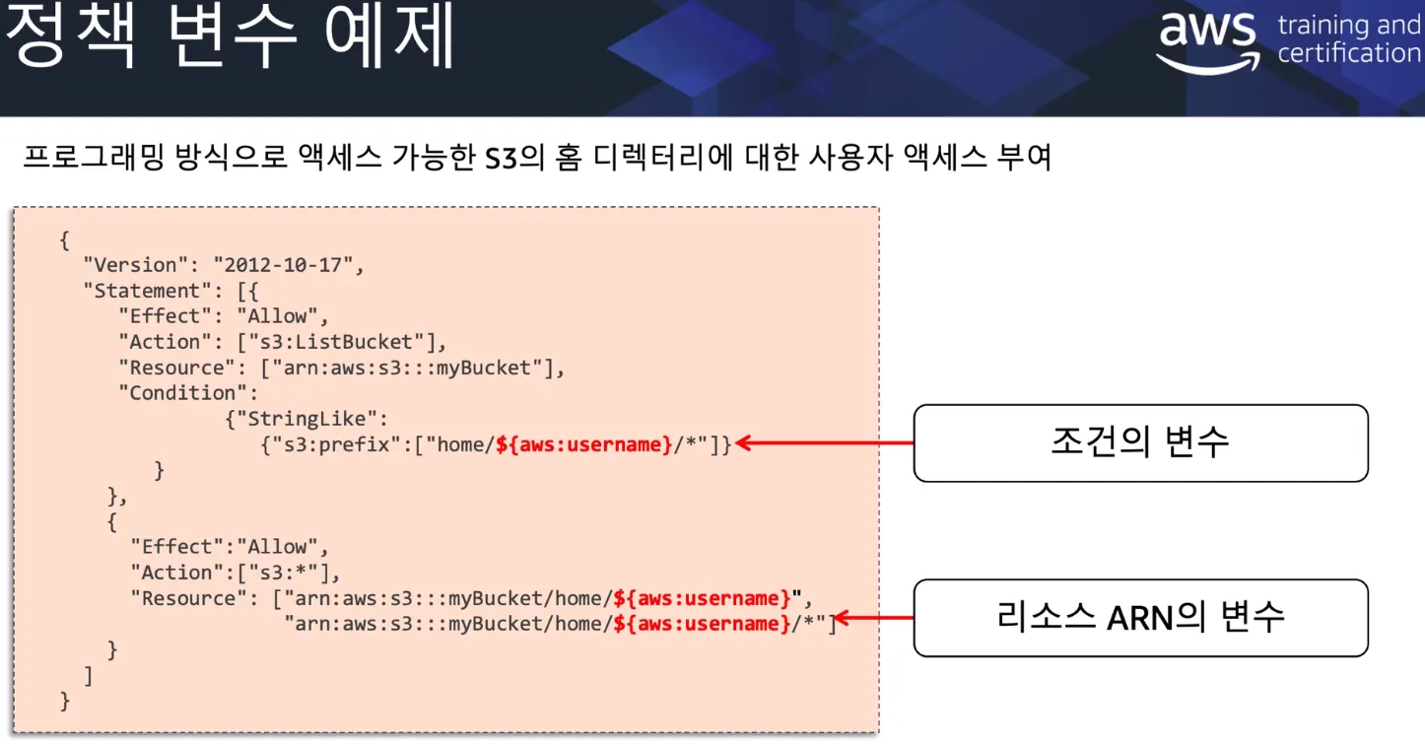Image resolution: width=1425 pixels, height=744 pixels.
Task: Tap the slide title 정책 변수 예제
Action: coord(230,37)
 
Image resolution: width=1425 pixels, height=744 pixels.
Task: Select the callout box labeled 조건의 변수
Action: coord(1140,442)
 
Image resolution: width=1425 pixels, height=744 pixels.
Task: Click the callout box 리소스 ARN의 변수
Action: coord(1140,618)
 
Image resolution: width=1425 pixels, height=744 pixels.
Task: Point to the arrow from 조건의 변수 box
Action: coord(824,443)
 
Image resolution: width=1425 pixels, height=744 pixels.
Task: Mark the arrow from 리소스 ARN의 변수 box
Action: coord(873,619)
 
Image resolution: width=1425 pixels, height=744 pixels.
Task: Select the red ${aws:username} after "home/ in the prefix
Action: coord(583,444)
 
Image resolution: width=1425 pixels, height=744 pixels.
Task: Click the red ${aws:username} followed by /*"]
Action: coord(702,624)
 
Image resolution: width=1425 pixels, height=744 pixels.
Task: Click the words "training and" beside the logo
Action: coord(1348,26)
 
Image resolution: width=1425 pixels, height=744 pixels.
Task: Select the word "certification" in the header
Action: coord(1348,53)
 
